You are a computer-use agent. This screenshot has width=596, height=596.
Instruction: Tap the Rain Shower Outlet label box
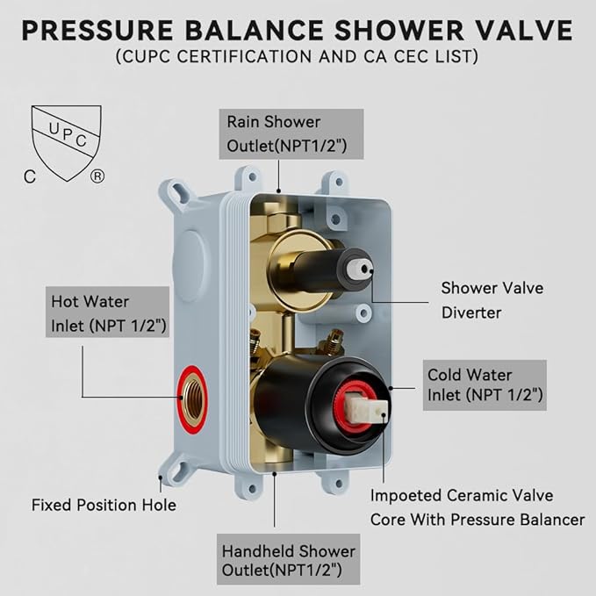(x=273, y=133)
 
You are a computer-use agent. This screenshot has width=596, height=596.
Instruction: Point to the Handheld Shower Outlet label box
(x=289, y=561)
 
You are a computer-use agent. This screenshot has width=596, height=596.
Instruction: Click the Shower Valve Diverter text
(x=492, y=298)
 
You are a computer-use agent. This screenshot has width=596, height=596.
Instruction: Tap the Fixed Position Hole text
(x=104, y=505)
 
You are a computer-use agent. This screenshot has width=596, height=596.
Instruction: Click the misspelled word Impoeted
(x=408, y=494)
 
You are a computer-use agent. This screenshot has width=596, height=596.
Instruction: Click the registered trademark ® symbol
(x=97, y=176)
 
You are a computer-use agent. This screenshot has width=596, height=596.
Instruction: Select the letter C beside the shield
(x=31, y=176)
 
